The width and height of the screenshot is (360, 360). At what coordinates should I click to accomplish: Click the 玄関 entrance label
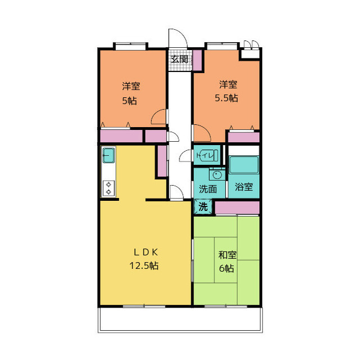coord(179,59)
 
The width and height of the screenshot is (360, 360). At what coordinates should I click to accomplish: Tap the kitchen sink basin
coord(109,155)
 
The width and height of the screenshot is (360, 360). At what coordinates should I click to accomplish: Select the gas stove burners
coord(109,188)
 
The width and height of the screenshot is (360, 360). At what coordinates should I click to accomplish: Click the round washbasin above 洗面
coord(217,175)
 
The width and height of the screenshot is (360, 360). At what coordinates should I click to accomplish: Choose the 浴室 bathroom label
coord(244,187)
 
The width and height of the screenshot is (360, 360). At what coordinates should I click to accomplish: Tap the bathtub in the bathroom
coord(244,165)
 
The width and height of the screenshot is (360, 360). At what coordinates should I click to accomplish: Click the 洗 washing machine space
coord(203,207)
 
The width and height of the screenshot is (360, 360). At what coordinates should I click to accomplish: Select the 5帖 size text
coord(129,101)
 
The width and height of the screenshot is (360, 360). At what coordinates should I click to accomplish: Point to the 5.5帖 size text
coord(226,98)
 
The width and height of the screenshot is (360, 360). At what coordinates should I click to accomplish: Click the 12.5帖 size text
coord(144,265)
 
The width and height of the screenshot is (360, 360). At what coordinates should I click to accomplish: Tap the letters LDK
coord(146,253)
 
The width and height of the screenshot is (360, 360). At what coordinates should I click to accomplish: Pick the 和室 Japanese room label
coord(227,255)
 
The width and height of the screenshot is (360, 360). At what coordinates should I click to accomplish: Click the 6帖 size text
coord(227,268)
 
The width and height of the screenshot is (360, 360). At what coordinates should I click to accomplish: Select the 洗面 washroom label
coord(208,189)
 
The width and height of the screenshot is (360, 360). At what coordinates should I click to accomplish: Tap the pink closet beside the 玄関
coord(197,60)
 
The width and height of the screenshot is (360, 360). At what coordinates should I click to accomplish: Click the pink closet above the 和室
coord(237,208)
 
